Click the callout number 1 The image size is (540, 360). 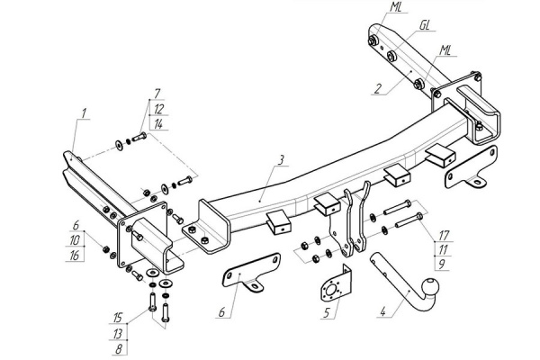click(x=84, y=113)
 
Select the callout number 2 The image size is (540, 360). click(x=378, y=88)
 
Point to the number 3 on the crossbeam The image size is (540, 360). click(x=282, y=160)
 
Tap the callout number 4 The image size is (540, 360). click(x=383, y=311)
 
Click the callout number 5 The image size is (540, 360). click(x=327, y=312)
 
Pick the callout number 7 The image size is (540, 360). click(x=157, y=94)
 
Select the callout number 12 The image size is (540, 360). click(x=158, y=109)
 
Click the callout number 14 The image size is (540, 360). click(x=158, y=124)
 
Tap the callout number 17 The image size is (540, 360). click(x=444, y=236)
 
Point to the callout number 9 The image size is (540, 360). click(x=442, y=265)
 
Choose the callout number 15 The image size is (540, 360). click(x=118, y=318)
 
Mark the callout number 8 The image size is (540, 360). click(x=119, y=349)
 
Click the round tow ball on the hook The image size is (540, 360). click(x=432, y=285)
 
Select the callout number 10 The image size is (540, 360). click(x=75, y=240)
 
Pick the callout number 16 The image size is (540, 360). click(x=75, y=256)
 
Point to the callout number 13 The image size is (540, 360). click(x=118, y=334)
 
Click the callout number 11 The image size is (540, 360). click(x=443, y=250)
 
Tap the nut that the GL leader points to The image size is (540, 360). click(x=391, y=56)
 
